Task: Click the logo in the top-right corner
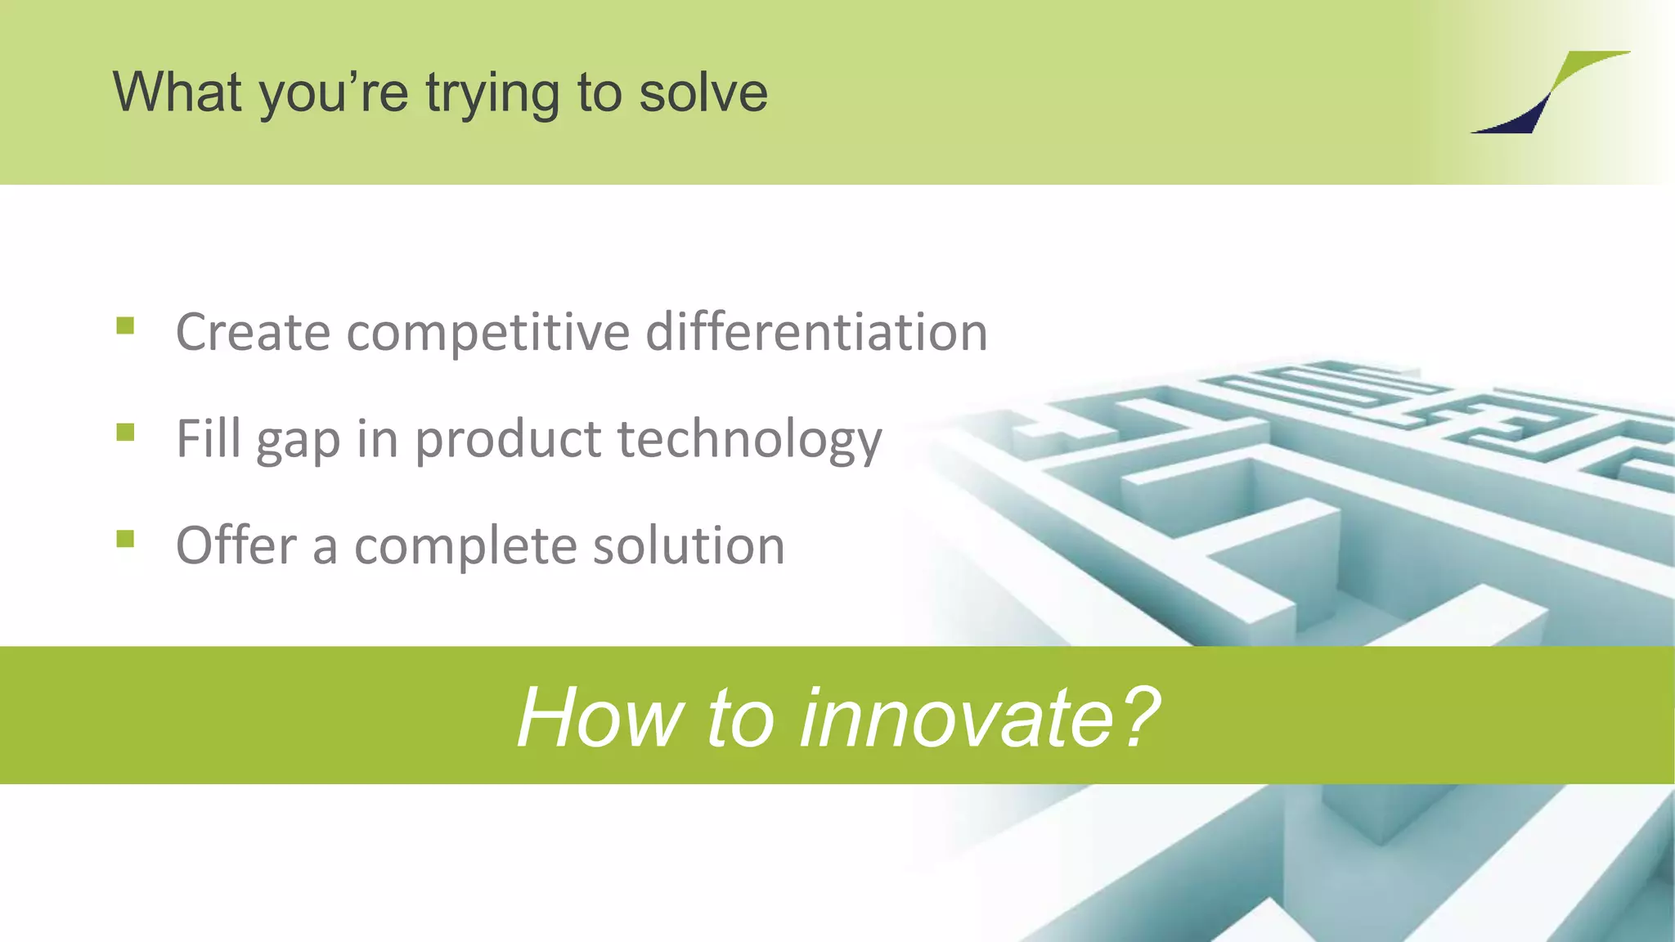1549,92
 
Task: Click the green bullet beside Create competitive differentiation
125,326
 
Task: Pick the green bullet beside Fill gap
125,432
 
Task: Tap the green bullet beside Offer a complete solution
125,538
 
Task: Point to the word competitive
488,334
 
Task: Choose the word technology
749,440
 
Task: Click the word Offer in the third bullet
236,545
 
